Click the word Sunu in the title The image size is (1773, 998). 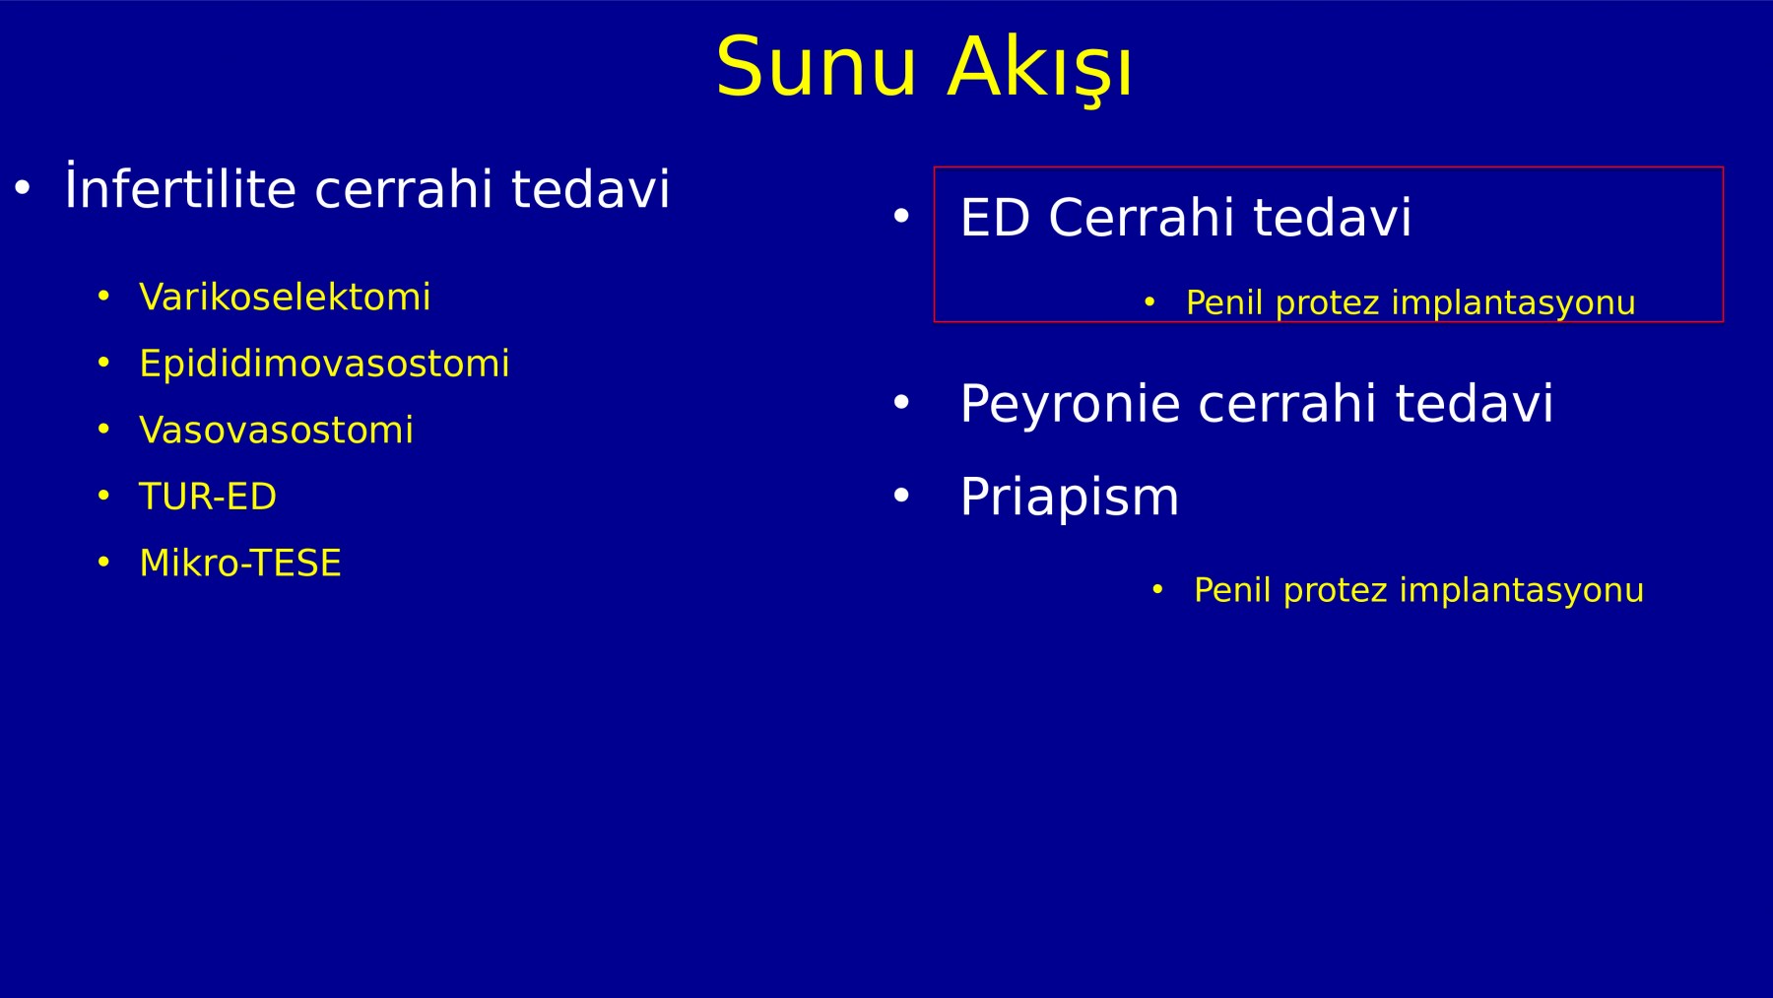817,67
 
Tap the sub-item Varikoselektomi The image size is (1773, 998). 285,297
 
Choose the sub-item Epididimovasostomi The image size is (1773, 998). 324,364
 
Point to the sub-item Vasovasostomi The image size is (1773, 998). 276,430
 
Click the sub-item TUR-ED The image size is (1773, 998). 208,496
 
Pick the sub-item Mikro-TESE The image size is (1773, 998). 240,563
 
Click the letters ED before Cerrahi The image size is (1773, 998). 995,217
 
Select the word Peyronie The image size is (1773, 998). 1070,404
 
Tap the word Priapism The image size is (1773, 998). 1069,497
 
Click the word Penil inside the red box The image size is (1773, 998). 1224,302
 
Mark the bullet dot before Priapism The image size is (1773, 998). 901,496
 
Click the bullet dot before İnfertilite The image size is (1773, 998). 23,186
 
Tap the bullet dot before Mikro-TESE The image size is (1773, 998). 103,563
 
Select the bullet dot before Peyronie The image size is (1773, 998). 901,402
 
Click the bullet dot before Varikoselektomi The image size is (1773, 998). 103,297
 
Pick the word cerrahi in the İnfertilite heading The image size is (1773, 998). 403,188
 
